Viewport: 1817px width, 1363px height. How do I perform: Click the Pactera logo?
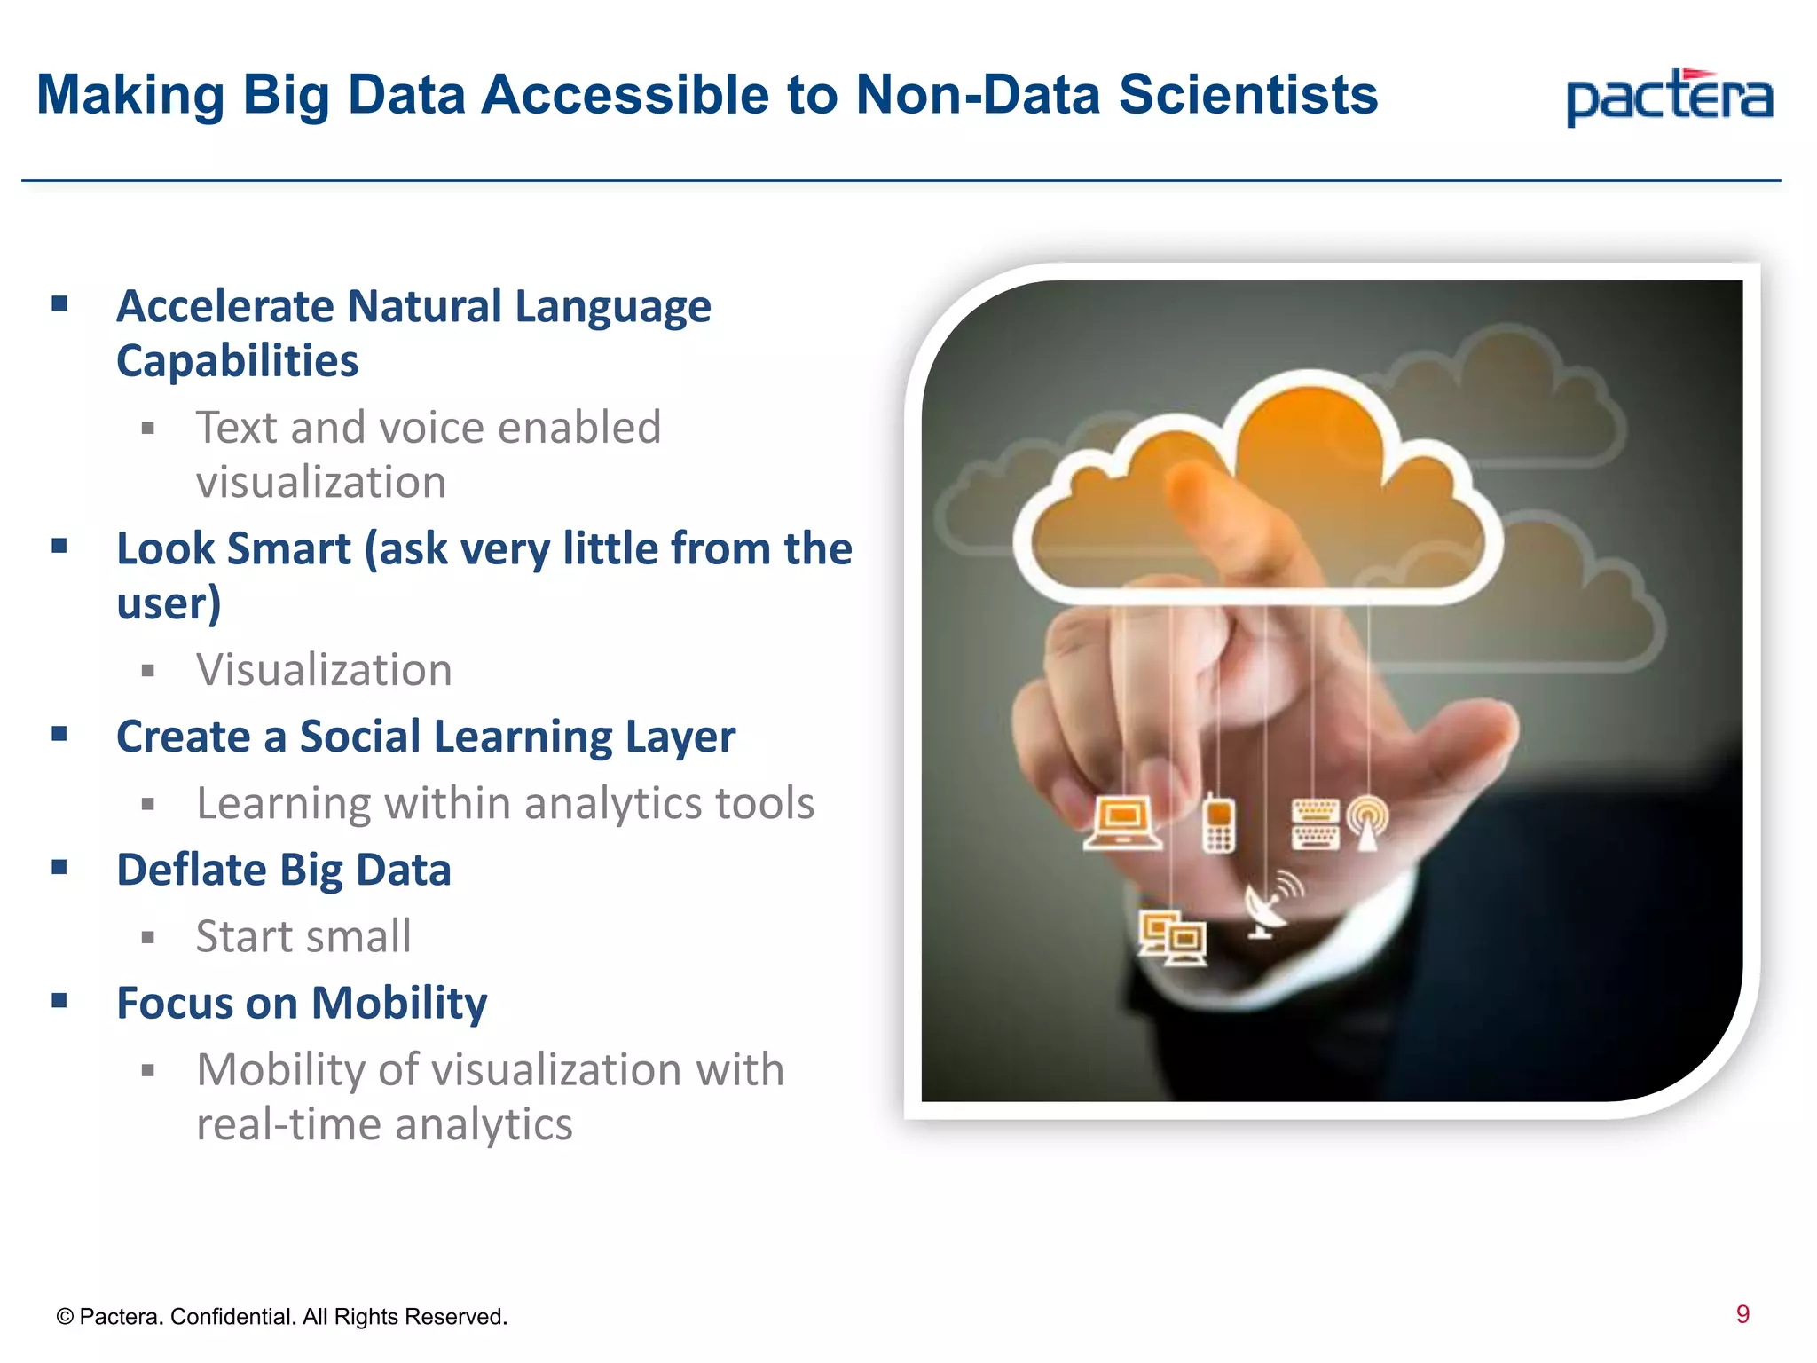pos(1669,98)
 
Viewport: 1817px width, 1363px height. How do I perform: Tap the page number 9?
pos(1742,1314)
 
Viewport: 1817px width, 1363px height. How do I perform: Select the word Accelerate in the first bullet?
pos(225,306)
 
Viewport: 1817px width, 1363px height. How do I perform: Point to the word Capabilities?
pos(237,361)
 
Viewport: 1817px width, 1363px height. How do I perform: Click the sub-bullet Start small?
pos(303,936)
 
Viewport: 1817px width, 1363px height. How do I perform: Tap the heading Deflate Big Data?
pos(284,870)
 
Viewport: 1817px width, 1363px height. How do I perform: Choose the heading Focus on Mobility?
pos(302,1003)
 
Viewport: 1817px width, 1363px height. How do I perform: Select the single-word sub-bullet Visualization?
pos(324,670)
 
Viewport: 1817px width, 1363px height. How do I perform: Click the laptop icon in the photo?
pos(1122,823)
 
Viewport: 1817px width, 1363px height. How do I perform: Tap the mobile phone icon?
pos(1218,824)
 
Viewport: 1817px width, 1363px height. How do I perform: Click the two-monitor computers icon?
pos(1173,938)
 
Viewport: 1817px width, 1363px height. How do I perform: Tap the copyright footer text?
pos(281,1317)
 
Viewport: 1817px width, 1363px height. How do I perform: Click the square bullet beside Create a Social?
pos(59,734)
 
